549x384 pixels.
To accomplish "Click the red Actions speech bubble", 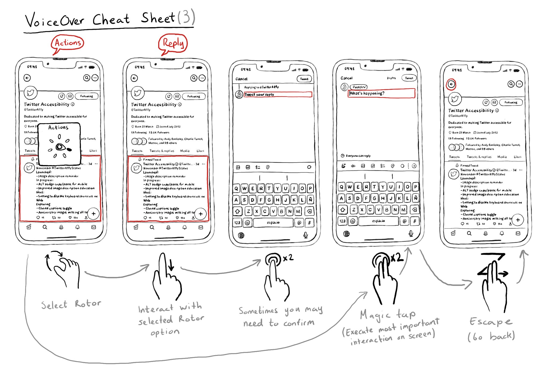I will tap(68, 43).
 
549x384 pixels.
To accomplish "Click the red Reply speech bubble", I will tap(173, 43).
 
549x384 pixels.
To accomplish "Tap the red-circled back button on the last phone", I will tap(451, 84).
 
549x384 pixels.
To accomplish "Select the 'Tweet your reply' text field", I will tap(278, 94).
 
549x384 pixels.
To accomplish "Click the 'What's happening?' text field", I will tap(381, 93).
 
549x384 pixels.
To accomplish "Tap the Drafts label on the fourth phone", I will tap(391, 78).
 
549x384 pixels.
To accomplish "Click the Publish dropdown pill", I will tap(359, 87).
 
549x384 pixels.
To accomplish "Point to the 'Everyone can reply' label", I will tap(358, 156).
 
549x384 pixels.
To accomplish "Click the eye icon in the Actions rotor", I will tap(60, 147).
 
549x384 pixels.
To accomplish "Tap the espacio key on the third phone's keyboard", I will tap(273, 222).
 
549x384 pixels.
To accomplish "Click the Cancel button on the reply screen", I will tap(241, 79).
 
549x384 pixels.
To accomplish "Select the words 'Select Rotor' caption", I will tap(71, 304).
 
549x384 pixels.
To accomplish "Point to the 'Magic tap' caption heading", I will tap(387, 314).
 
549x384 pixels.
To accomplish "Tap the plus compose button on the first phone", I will tap(94, 214).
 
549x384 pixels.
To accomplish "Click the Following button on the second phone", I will tap(194, 96).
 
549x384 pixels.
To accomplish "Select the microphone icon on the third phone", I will tap(305, 235).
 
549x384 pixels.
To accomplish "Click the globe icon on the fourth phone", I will tap(347, 234).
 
